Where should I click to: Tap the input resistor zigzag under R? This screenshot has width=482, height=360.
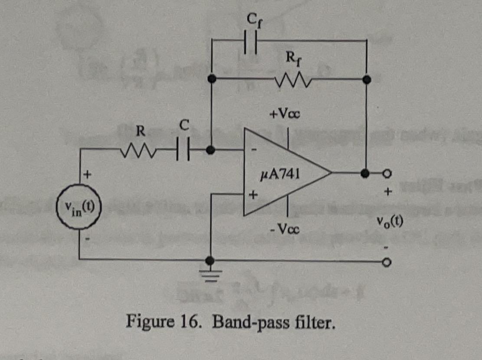[138, 151]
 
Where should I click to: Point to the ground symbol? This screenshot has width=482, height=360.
[210, 273]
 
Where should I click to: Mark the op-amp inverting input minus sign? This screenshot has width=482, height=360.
[254, 150]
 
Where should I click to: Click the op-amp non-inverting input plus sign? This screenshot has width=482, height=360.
[252, 196]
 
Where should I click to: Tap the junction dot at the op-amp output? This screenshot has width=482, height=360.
[367, 173]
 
